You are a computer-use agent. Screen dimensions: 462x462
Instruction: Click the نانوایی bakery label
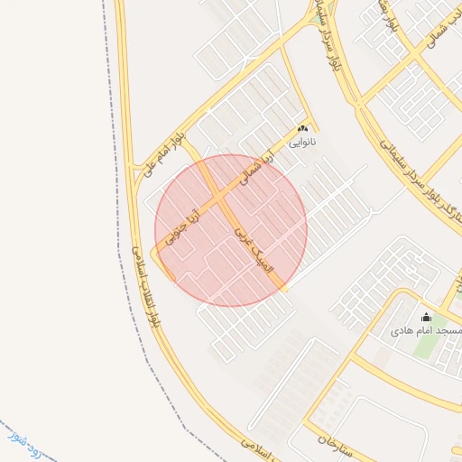(x=302, y=142)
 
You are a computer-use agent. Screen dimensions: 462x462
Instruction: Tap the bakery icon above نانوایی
(x=302, y=129)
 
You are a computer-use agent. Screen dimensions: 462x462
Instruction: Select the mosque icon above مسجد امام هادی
(x=426, y=318)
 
